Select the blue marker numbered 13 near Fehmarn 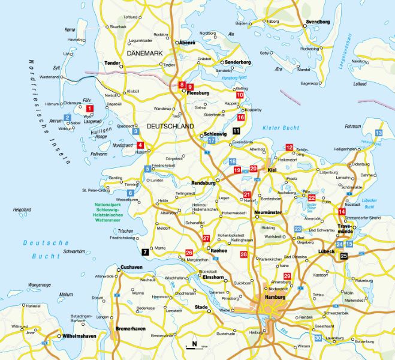[x=378, y=133]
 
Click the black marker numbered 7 [x=144, y=253]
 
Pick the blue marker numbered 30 [x=318, y=339]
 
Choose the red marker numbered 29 [x=287, y=276]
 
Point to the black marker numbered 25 [x=343, y=256]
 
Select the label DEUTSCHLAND [x=170, y=127]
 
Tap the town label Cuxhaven [x=131, y=266]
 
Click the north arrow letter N [x=194, y=344]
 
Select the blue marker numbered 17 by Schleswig [x=212, y=140]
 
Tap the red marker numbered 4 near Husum [x=140, y=145]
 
